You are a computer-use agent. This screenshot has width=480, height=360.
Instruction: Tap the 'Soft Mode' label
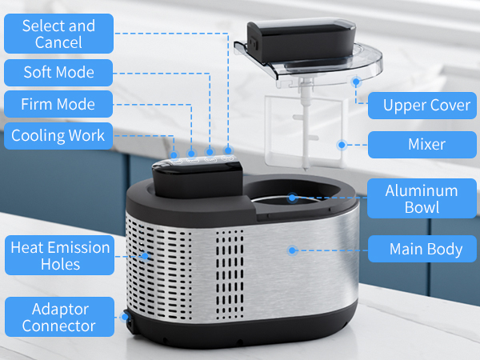coord(58,73)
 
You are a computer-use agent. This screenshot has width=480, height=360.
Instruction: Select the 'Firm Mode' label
coord(58,104)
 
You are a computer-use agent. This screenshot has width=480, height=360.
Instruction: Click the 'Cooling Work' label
coord(58,135)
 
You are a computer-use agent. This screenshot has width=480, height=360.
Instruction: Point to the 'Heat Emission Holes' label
coord(60,255)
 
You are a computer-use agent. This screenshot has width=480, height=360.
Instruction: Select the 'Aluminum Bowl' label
coord(421,198)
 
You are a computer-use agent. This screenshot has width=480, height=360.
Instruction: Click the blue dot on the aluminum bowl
coord(293,197)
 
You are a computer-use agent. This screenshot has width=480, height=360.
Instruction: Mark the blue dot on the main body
coord(292,250)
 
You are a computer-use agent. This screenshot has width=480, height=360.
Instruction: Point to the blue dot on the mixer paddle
coord(341,145)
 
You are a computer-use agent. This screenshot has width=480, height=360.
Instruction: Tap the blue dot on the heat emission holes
coord(146,256)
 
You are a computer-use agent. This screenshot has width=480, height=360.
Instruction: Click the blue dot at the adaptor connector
coord(125,317)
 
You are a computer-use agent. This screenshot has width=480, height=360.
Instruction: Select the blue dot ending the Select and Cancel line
coord(228,150)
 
